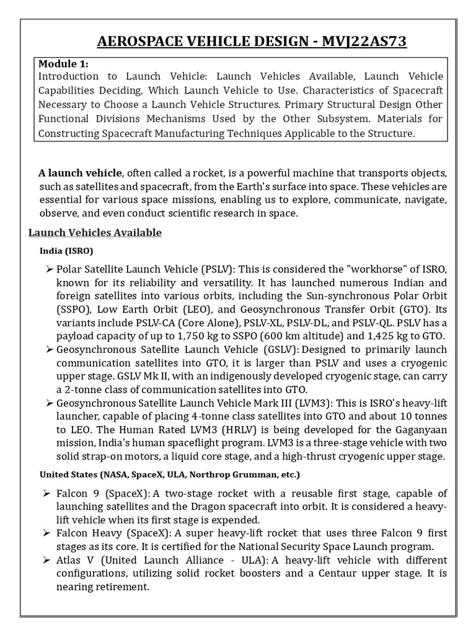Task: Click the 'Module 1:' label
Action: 63,64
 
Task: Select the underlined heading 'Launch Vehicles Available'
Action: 95,233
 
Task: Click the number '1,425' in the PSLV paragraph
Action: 381,335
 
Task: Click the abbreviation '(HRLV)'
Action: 219,430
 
